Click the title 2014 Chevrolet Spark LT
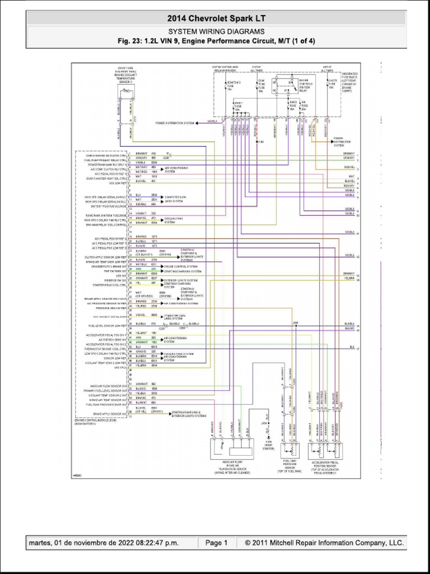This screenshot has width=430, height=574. coord(216,18)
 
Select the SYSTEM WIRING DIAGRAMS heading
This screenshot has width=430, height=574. coord(216,31)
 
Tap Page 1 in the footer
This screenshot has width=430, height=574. coord(216,543)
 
